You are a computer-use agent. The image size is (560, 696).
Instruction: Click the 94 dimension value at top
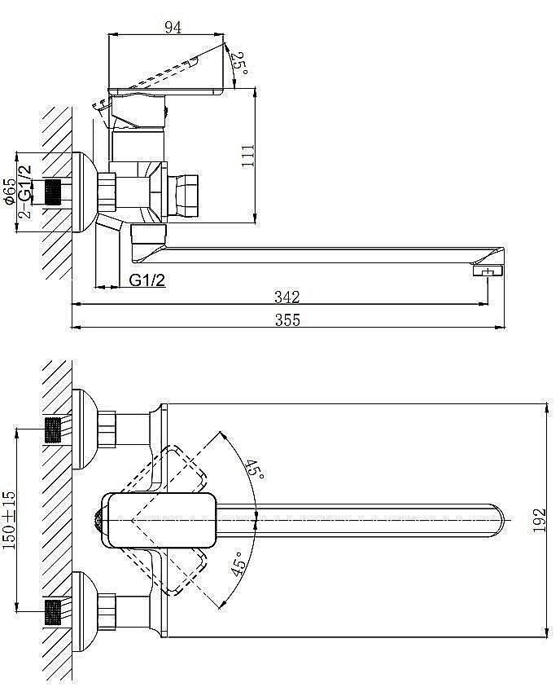(172, 26)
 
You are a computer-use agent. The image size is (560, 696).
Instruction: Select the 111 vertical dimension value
(250, 154)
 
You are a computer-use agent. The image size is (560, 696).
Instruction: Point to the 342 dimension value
(287, 296)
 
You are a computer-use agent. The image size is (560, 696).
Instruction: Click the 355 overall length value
(287, 320)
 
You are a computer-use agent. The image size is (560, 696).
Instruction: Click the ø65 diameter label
(9, 192)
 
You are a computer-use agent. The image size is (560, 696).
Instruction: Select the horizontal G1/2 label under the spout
(148, 280)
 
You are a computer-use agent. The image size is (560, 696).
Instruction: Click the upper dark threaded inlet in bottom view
(53, 429)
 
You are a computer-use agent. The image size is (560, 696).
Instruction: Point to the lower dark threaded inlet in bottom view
(53, 610)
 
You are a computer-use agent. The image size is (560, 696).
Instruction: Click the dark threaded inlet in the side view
(52, 193)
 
